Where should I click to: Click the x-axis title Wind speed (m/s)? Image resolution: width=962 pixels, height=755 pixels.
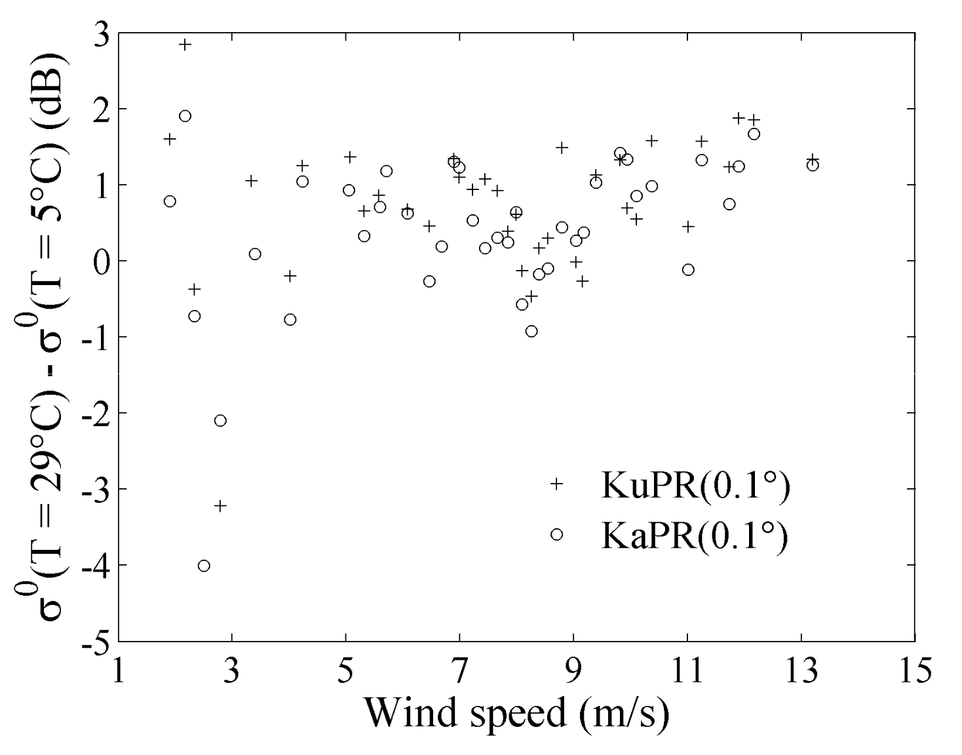pos(517,713)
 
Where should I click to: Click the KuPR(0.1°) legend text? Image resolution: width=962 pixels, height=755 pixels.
pos(695,486)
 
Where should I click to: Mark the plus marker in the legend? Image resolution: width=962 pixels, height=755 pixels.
pos(556,484)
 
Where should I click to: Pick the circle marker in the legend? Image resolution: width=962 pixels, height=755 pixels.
pos(556,535)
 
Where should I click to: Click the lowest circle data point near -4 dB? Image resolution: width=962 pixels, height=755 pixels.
pos(204,566)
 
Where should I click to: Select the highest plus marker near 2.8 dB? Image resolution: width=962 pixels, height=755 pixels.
pos(185,45)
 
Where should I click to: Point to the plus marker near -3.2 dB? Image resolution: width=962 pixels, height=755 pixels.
pos(220,505)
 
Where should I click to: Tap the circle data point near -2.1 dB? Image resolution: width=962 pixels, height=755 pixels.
pos(220,420)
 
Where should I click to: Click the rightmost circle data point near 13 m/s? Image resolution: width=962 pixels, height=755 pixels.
pos(813,165)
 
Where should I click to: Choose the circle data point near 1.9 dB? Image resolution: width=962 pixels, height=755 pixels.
pos(185,116)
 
